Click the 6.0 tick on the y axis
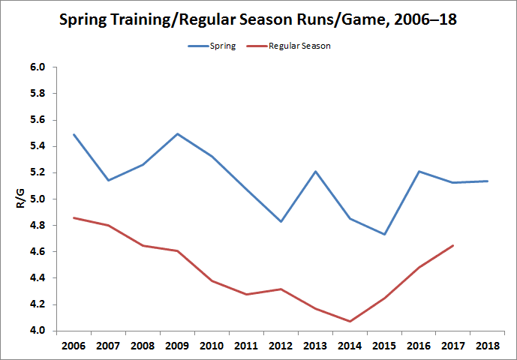tap(38, 67)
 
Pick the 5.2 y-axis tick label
tap(38, 172)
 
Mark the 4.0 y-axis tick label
tap(38, 331)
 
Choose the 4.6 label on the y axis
tap(38, 252)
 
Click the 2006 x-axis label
tap(74, 346)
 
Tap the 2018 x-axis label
tap(488, 346)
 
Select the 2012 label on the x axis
tap(281, 346)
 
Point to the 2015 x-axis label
tap(385, 346)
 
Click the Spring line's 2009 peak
tap(178, 133)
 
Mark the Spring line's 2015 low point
tap(385, 234)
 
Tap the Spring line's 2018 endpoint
tap(488, 181)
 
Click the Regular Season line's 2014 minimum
tap(350, 321)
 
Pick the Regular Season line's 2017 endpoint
tap(453, 245)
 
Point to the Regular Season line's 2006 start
tap(74, 217)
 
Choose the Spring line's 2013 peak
tap(316, 171)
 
